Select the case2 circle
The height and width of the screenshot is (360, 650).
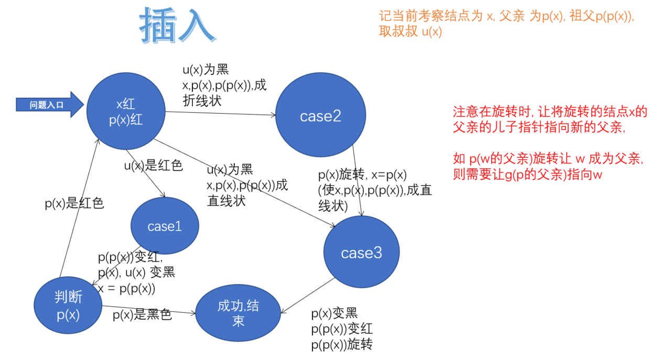pyautogui.click(x=320, y=116)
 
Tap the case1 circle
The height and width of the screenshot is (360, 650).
pyautogui.click(x=165, y=226)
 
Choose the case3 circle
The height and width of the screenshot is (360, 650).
pyautogui.click(x=362, y=253)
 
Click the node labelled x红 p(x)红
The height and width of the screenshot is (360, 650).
pyautogui.click(x=126, y=112)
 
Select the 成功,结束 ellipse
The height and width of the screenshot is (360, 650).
pyautogui.click(x=238, y=313)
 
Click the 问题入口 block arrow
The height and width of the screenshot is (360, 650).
pyautogui.click(x=50, y=105)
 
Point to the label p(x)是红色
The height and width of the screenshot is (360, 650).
pyautogui.click(x=74, y=203)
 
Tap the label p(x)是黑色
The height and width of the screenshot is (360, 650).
pyautogui.click(x=142, y=315)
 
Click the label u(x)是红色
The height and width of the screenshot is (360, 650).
pyautogui.click(x=153, y=166)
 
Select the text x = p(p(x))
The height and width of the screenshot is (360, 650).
pyautogui.click(x=126, y=287)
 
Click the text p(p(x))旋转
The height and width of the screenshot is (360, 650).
pyautogui.click(x=342, y=344)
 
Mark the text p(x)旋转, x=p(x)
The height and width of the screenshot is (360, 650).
pyautogui.click(x=362, y=175)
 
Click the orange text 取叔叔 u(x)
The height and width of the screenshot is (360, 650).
pyautogui.click(x=410, y=31)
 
